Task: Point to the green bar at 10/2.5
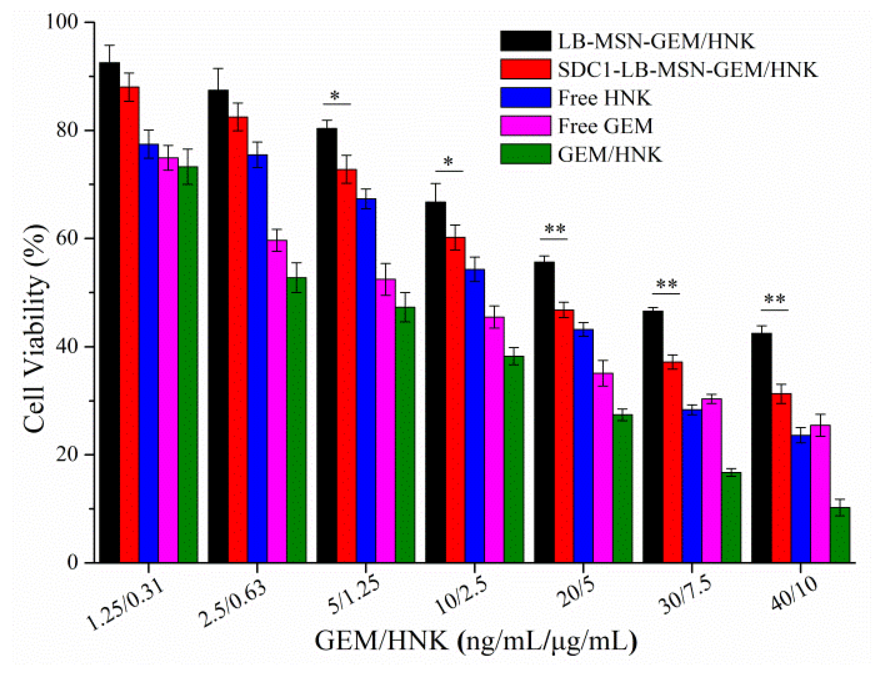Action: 514,459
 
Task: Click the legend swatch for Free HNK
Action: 525,98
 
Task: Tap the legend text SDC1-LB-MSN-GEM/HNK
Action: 687,70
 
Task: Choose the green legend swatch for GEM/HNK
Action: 525,154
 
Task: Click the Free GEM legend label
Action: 605,126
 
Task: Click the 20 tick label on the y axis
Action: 66,455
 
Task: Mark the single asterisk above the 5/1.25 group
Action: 335,96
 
